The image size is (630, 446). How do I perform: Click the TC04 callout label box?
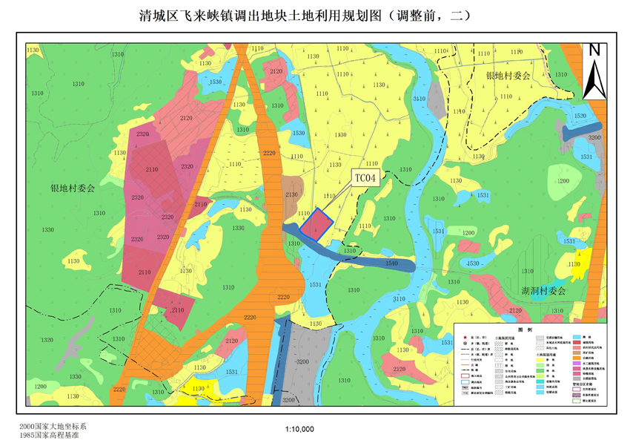click(x=365, y=178)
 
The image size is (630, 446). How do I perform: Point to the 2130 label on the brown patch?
click(x=291, y=194)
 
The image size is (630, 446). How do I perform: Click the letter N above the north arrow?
click(x=594, y=50)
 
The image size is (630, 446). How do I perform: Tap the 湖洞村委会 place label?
click(x=543, y=291)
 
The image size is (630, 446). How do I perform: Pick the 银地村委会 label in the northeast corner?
click(x=508, y=76)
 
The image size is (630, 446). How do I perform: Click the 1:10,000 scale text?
click(x=300, y=430)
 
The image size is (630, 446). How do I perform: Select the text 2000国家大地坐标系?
click(x=53, y=427)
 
